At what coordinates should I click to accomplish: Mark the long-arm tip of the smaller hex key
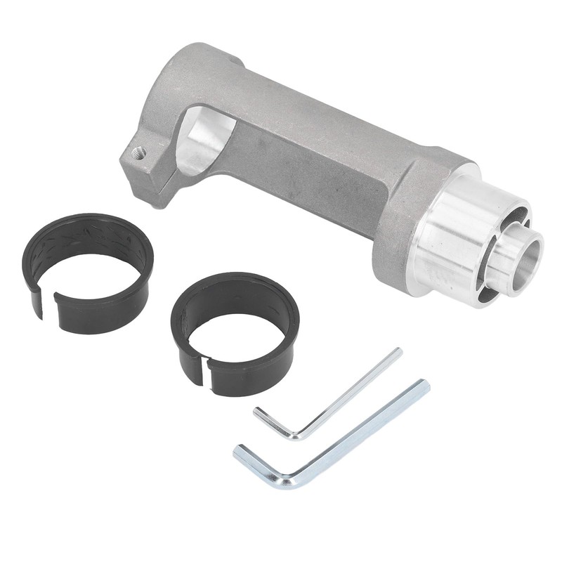tap(398, 351)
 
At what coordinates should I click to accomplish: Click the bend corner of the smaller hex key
tap(298, 436)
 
